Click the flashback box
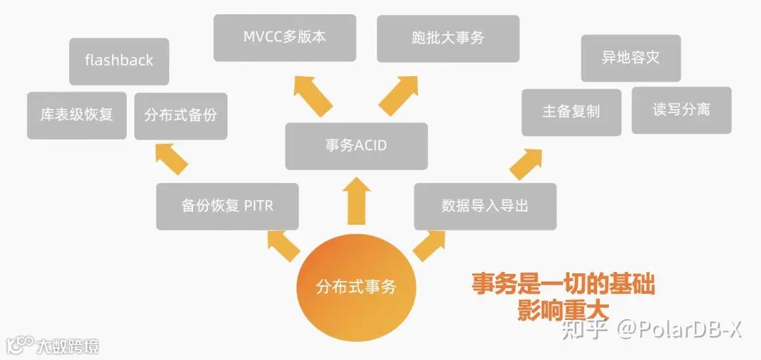119,61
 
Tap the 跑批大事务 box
448,38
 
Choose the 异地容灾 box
631,58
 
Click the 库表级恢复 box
77,115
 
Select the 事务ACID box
356,146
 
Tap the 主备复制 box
571,111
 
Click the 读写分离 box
681,110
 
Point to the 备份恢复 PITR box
227,206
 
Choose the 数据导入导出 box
485,206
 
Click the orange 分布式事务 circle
356,287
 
